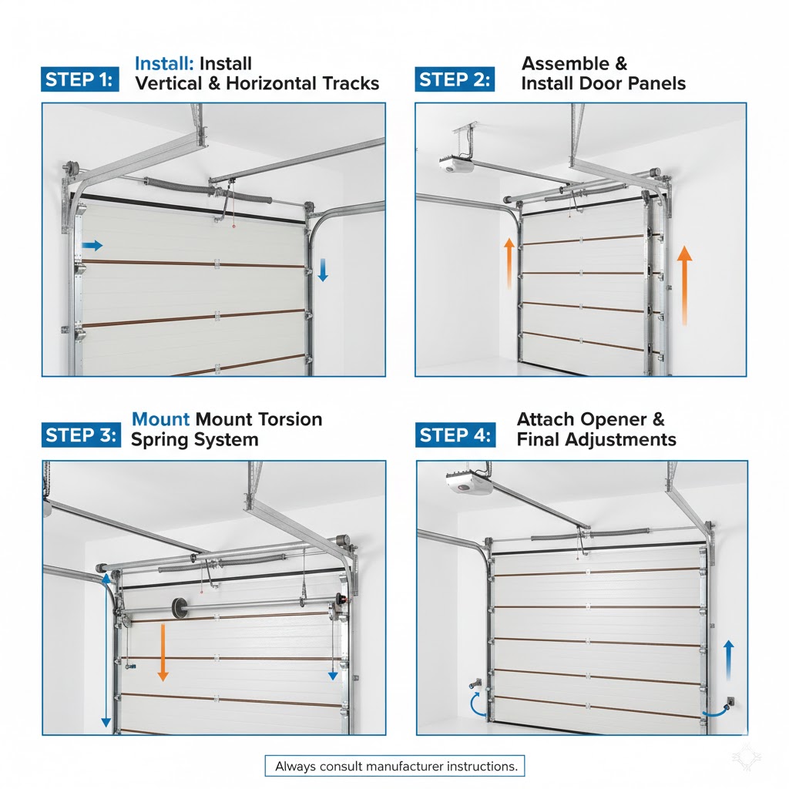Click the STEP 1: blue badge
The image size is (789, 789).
[80, 79]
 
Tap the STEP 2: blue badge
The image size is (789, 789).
[455, 79]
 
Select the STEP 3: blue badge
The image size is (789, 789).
[81, 435]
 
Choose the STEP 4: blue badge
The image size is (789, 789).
[455, 435]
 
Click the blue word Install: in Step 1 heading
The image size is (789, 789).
[164, 63]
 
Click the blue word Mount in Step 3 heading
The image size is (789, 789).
[160, 419]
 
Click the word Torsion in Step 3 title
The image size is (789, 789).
[290, 419]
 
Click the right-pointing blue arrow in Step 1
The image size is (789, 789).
[92, 246]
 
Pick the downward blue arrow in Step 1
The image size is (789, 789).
[323, 270]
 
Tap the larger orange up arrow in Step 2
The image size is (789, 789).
[684, 285]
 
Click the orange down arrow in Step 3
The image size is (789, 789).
[163, 652]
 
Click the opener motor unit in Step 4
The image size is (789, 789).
[469, 483]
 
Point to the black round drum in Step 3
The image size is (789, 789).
[179, 608]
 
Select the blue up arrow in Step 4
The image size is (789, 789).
[729, 660]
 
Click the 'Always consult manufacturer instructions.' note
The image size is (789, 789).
[395, 766]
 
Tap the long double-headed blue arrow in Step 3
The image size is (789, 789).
[106, 651]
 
